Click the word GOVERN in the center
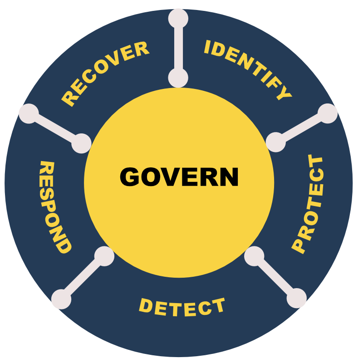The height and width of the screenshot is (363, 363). point(179,177)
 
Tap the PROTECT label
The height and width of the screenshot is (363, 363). point(309,204)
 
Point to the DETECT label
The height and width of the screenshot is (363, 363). point(182,308)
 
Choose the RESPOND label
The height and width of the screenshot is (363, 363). point(54,207)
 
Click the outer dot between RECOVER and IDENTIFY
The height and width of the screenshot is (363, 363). point(178,18)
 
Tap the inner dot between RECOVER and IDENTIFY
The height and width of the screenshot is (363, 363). point(178,78)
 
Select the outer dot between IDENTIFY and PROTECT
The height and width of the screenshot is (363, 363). point(328,113)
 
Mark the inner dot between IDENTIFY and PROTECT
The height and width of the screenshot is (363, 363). point(275,142)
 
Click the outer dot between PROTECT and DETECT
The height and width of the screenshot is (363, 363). point(297,298)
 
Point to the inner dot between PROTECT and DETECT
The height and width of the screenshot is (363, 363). point(254,256)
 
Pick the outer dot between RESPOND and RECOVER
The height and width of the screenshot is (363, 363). point(29,113)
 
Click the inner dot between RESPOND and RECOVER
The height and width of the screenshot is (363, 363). point(82,143)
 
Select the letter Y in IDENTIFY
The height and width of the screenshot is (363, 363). point(284,93)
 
